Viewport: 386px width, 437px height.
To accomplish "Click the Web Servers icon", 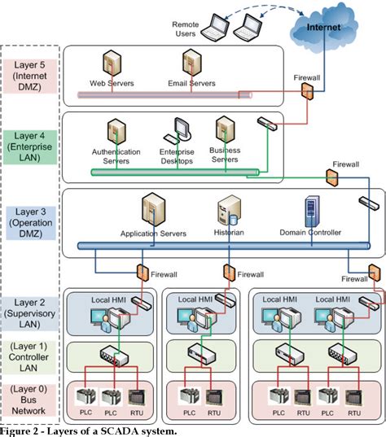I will [112, 65].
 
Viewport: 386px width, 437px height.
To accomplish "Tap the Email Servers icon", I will [192, 65].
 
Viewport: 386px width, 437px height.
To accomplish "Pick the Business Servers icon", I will [226, 130].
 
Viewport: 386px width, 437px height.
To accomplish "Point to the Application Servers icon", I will [153, 211].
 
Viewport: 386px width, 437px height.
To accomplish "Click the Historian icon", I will [227, 213].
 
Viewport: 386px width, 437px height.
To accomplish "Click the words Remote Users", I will [186, 30].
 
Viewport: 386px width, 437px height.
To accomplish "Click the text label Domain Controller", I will [310, 233].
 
